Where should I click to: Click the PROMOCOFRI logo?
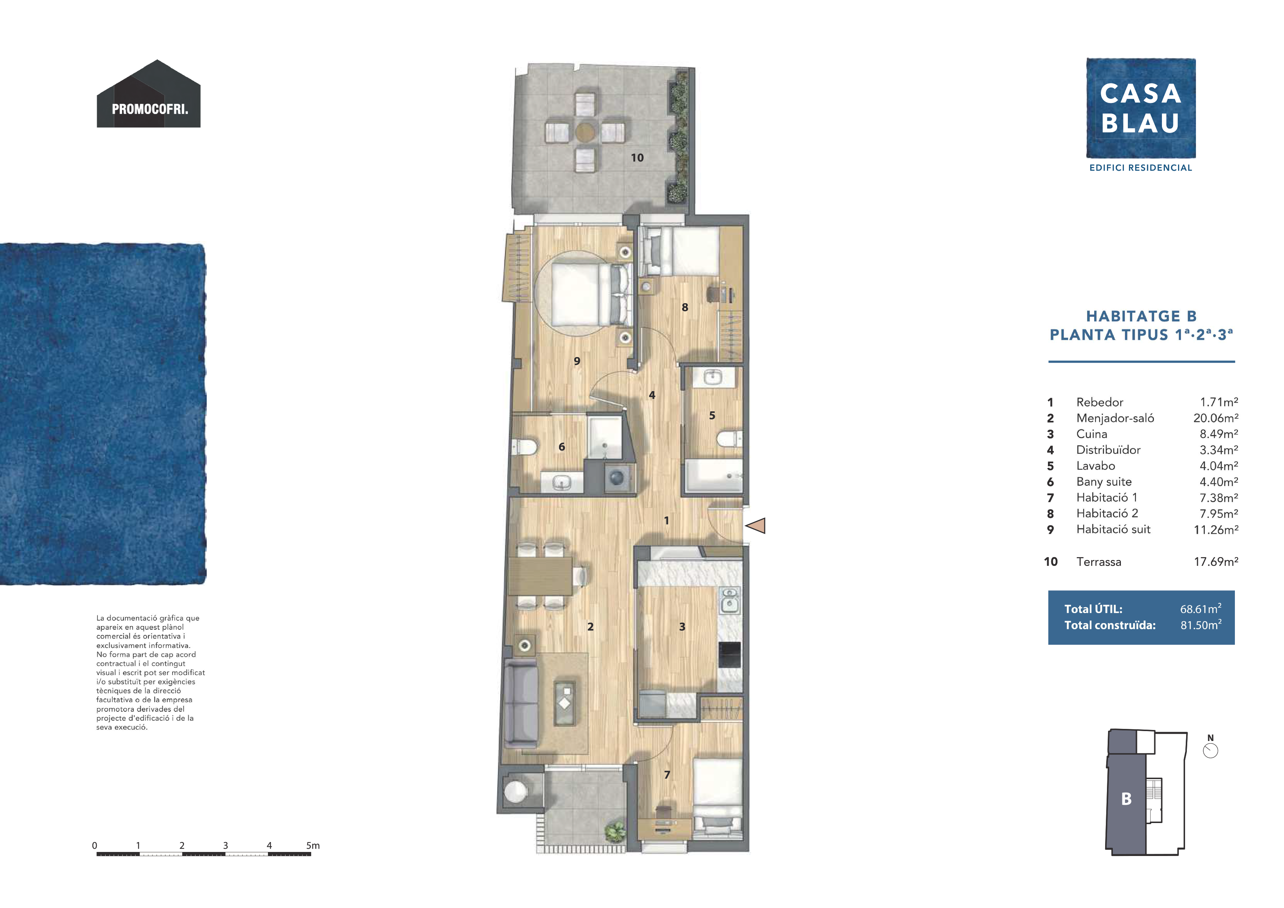pos(149,94)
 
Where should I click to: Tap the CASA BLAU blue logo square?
pos(1141,108)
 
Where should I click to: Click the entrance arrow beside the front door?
pos(755,526)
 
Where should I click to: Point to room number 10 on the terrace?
pos(637,157)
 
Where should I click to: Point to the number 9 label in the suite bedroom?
pos(577,361)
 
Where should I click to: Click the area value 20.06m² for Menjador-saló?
pos(1216,418)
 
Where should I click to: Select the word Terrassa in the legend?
pos(1098,562)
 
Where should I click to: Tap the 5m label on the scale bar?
pos(313,845)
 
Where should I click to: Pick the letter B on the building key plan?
pos(1126,799)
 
